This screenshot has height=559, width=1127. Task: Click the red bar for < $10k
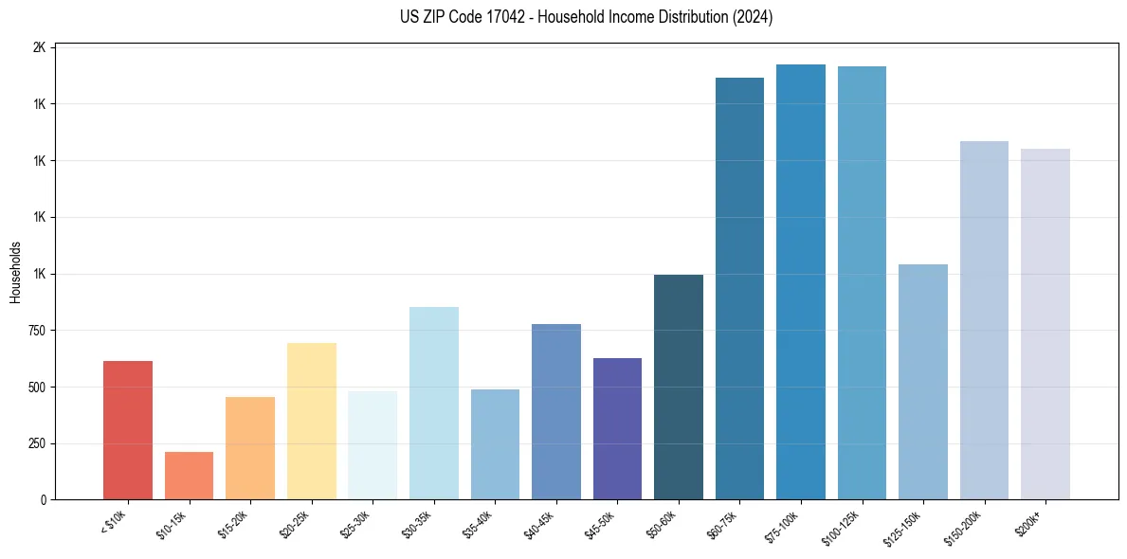point(128,430)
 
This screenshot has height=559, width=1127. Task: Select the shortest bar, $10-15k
point(189,476)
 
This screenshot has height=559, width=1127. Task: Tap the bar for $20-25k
point(311,421)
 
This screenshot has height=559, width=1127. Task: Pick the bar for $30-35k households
point(433,403)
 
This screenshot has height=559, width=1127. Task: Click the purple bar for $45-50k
point(617,428)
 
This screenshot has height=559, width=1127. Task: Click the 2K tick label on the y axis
point(39,47)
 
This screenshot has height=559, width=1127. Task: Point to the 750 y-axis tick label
point(36,331)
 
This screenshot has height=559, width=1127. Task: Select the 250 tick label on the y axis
point(36,443)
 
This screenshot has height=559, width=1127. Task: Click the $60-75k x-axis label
point(723,524)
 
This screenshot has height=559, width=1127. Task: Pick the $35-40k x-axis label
point(479,524)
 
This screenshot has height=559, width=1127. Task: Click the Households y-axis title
point(15,272)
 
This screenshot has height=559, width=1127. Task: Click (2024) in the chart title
point(754,17)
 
